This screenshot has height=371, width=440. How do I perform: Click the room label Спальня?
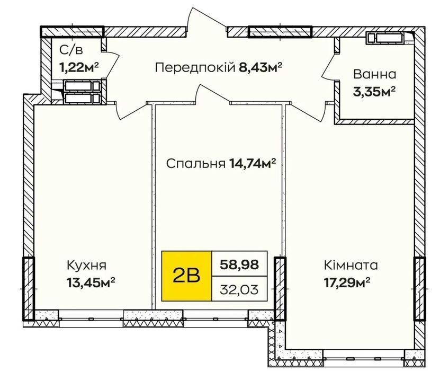(195, 163)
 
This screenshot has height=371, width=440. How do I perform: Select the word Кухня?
(86, 265)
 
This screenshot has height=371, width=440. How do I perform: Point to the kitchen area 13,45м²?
(91, 282)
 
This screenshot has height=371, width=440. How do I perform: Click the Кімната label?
(351, 265)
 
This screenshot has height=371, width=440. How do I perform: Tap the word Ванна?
(375, 74)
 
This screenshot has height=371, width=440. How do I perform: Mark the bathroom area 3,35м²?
(374, 92)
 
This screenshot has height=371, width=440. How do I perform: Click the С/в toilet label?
(71, 50)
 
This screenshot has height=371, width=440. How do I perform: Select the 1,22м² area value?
(79, 67)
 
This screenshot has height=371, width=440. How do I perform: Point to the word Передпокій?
(195, 68)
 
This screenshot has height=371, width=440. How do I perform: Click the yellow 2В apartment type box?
(186, 276)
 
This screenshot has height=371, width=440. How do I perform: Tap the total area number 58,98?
(239, 264)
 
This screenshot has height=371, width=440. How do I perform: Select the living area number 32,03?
(239, 289)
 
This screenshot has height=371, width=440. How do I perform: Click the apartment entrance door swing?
(207, 20)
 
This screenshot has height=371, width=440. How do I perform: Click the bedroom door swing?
(213, 93)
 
